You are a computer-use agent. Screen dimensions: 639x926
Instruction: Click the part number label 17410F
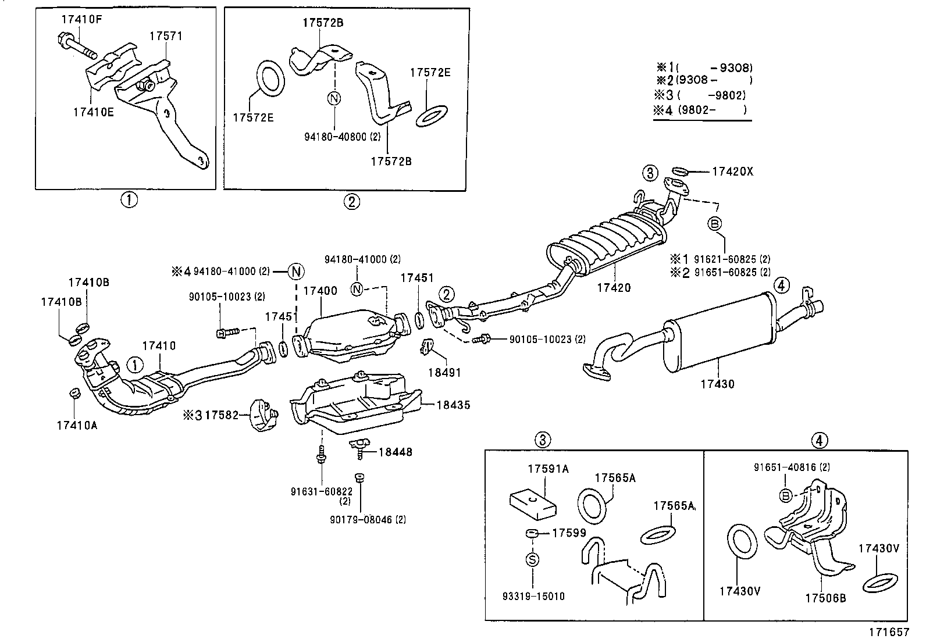(82, 19)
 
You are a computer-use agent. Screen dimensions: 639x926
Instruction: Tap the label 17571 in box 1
(166, 36)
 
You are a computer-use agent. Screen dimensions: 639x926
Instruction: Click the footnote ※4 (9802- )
(701, 109)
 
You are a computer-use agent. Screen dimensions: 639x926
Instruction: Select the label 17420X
(732, 172)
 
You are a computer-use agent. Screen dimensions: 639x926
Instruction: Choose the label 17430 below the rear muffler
(717, 384)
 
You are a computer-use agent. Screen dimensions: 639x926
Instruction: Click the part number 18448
(396, 452)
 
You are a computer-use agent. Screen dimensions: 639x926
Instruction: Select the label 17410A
(77, 425)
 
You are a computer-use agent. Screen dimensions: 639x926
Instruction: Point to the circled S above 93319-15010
(533, 559)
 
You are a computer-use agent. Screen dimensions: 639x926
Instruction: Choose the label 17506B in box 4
(825, 597)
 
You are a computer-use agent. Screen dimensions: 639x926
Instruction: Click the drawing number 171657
(889, 631)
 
